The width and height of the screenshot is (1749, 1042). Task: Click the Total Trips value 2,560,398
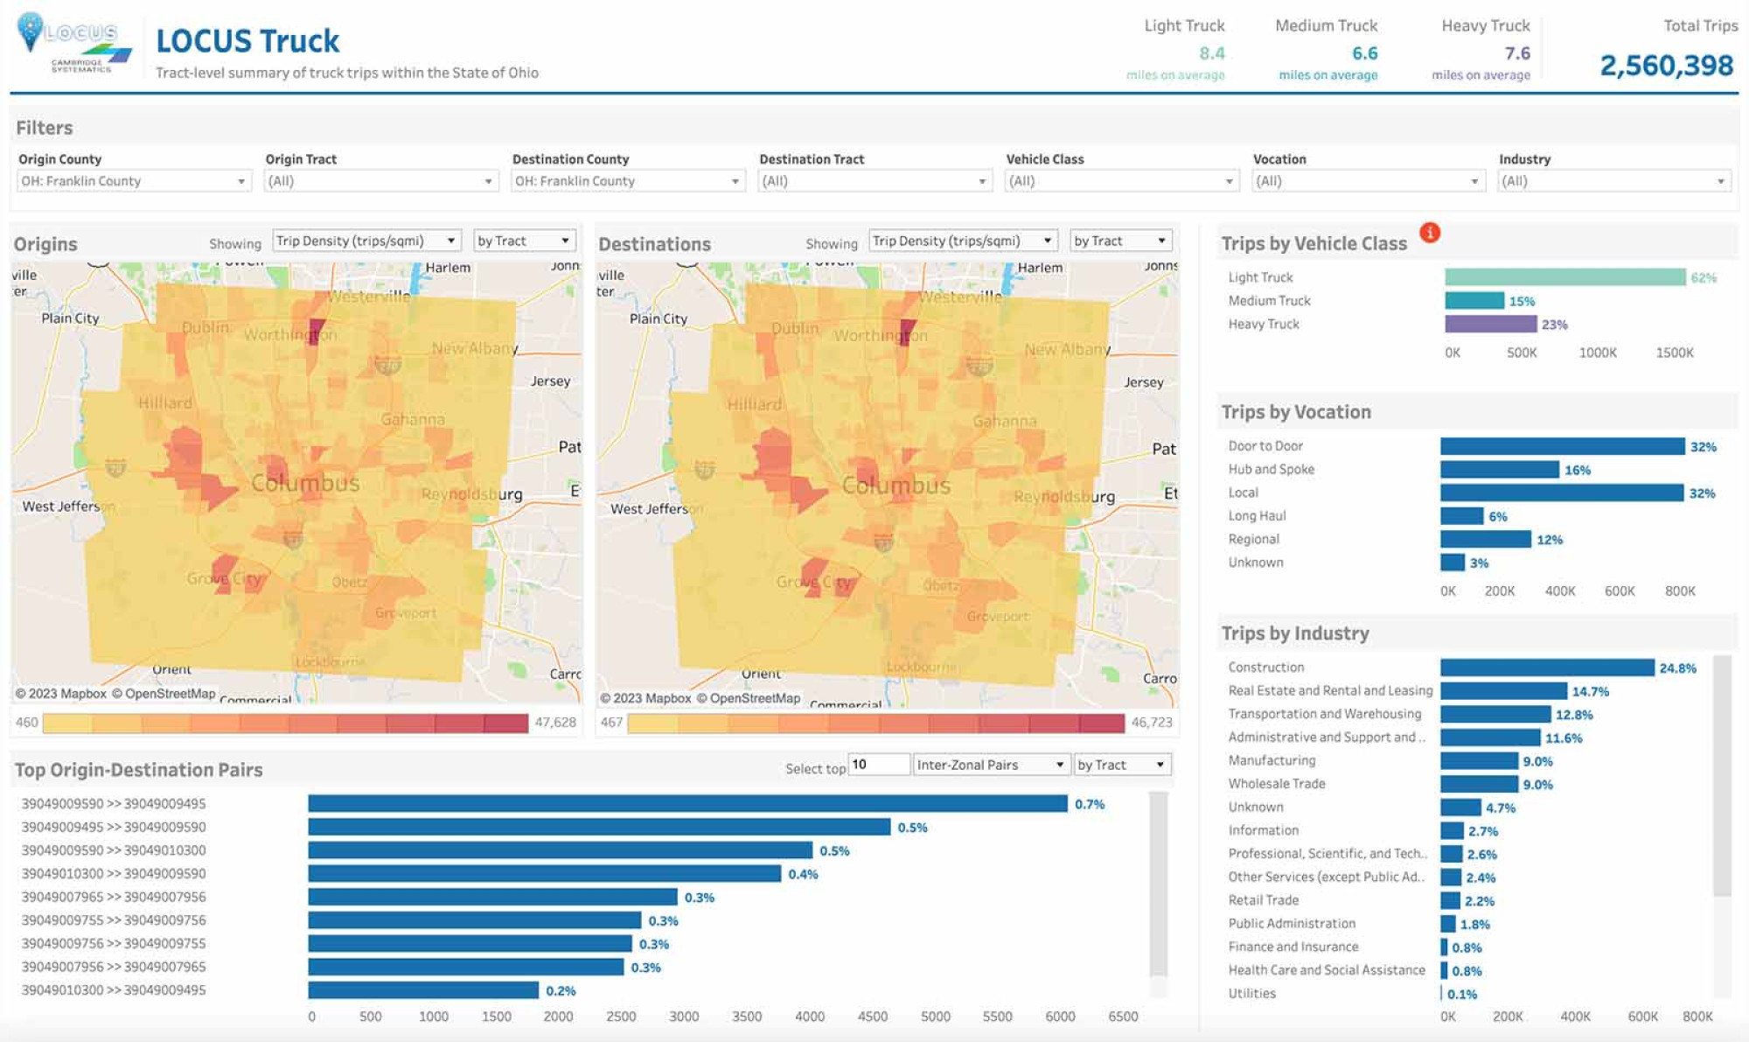click(1666, 66)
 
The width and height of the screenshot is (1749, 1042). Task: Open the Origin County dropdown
click(134, 181)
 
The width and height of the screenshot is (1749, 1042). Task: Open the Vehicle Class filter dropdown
click(1121, 181)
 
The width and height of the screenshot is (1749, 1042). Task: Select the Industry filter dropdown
click(1614, 181)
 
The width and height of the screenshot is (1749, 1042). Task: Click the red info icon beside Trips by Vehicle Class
click(1430, 233)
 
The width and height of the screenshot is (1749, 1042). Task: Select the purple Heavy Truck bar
click(1490, 324)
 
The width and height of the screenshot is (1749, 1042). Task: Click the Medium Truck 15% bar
click(1474, 301)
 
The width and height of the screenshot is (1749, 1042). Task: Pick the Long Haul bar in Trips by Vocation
click(1461, 516)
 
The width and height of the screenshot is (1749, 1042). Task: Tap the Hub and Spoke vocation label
click(1271, 469)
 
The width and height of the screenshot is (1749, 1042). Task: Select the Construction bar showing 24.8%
click(1547, 668)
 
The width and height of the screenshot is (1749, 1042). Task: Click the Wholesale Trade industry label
click(1276, 784)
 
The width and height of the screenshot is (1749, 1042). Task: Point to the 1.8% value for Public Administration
click(1474, 925)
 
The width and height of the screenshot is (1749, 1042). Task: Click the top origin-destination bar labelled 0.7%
click(687, 803)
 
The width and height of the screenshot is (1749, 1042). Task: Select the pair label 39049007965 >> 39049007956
click(114, 897)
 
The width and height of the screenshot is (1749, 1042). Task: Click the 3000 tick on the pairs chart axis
click(684, 1017)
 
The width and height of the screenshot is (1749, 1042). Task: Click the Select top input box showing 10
click(878, 765)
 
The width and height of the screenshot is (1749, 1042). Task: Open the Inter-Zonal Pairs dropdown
click(990, 765)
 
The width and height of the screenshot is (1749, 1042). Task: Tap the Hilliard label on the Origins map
click(165, 402)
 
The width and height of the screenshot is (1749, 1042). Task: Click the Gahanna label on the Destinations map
click(1005, 421)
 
